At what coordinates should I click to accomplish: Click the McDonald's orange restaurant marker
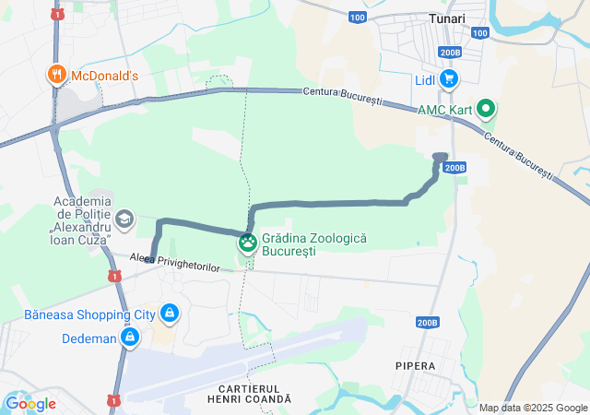(x=56, y=76)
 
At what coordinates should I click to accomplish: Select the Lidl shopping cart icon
(x=449, y=80)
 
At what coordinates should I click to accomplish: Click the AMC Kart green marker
(x=485, y=110)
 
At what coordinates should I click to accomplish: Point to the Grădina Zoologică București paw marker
(x=248, y=243)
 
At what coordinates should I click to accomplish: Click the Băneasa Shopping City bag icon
(x=169, y=314)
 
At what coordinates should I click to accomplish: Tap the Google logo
(x=29, y=404)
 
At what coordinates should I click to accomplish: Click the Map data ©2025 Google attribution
(x=534, y=408)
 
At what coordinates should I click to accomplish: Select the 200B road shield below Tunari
(x=450, y=53)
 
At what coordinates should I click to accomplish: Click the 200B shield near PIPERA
(x=427, y=323)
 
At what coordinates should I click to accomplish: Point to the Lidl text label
(x=424, y=80)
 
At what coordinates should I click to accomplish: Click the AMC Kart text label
(x=444, y=110)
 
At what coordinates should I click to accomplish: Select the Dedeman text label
(x=89, y=338)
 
